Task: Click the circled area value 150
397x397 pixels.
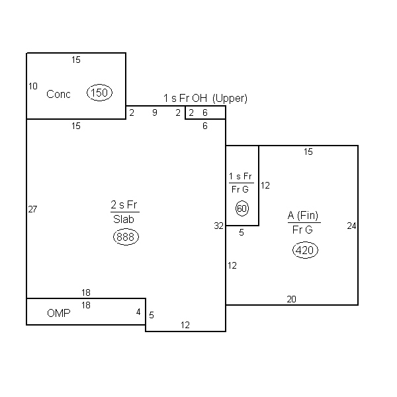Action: (99, 93)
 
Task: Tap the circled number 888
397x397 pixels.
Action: (126, 237)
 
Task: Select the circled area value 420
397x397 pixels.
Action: (305, 250)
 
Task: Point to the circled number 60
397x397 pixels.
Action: (242, 208)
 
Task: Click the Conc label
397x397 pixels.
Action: (58, 94)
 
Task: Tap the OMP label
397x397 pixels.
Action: (59, 313)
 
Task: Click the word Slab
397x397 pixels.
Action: (124, 219)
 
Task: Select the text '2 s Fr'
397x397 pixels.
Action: (124, 204)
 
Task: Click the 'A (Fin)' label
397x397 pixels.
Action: (303, 216)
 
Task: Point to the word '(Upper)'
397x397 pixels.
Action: (230, 98)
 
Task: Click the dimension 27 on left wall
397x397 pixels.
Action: (32, 209)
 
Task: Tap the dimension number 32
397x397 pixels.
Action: (219, 226)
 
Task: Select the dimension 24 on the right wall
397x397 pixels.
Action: (352, 226)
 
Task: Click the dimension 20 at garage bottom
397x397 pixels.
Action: (291, 299)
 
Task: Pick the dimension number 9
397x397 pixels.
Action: (155, 112)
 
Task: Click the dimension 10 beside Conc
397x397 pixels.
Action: (33, 86)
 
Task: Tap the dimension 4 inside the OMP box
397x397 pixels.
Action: (138, 312)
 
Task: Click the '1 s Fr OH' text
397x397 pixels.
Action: (185, 98)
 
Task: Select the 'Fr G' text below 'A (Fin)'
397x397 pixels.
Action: (302, 230)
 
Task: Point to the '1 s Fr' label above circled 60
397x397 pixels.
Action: (240, 176)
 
